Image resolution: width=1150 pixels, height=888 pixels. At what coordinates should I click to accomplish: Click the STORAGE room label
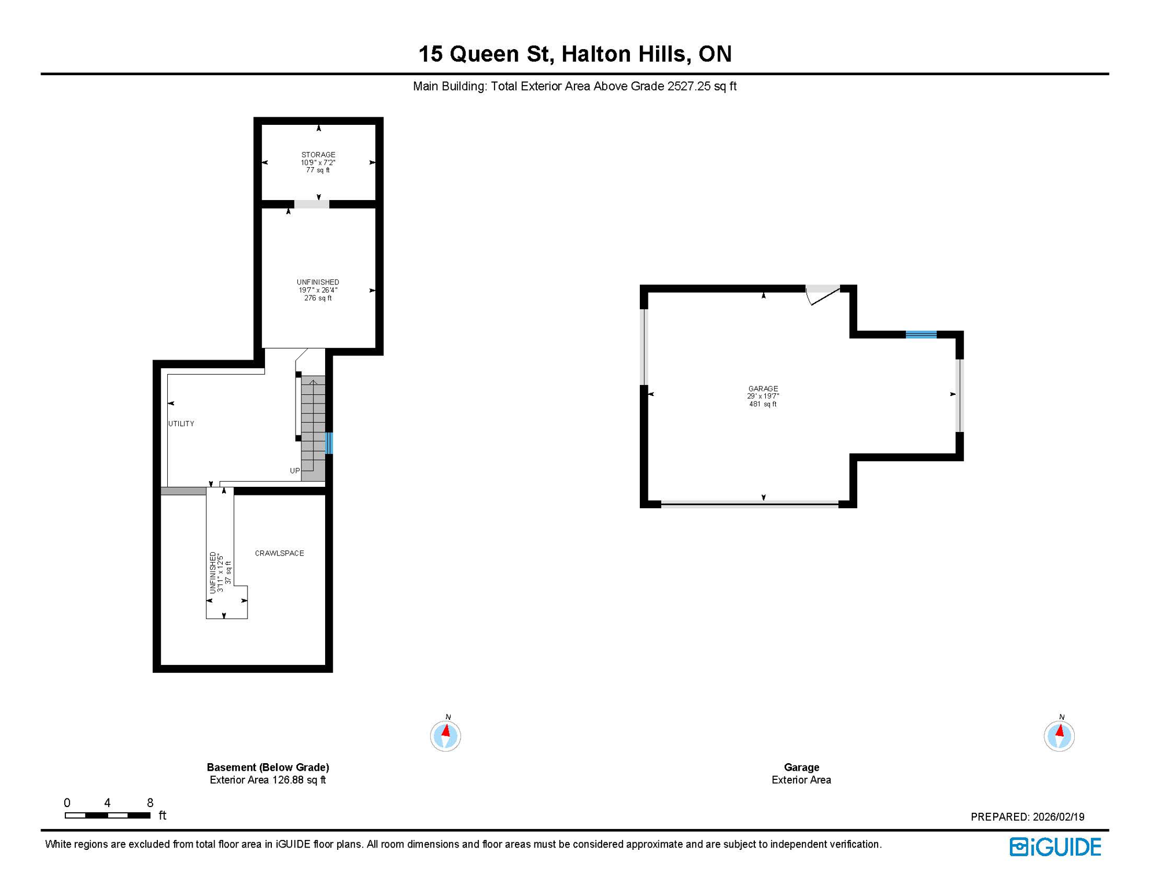coord(318,154)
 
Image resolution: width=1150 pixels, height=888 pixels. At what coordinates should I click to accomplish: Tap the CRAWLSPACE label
coord(279,553)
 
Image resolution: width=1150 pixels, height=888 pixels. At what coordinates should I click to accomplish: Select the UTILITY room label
coord(181,424)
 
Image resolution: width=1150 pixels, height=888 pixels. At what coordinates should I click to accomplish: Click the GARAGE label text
coord(763,388)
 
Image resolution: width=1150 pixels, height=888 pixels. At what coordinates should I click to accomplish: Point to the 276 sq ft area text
coord(318,298)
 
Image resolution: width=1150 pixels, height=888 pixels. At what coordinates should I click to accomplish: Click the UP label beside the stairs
coord(295,471)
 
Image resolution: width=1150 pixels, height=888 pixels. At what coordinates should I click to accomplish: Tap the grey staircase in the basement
coord(313,428)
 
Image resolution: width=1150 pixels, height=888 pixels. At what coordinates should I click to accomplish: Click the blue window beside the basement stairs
coord(329,443)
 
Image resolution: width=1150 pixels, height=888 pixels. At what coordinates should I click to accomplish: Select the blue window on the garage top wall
coord(921,334)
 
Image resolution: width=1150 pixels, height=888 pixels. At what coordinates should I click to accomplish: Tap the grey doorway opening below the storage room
coord(312,204)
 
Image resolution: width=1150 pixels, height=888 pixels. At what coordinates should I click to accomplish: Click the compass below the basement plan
coord(445,736)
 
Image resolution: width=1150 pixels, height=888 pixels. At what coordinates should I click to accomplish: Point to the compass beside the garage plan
coord(1059,736)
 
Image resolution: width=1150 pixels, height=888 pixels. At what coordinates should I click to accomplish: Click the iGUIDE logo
coord(1055,847)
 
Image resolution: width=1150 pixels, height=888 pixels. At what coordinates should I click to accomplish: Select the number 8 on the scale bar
coord(150,802)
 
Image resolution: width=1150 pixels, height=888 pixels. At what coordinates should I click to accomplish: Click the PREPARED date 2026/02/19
coord(1059,817)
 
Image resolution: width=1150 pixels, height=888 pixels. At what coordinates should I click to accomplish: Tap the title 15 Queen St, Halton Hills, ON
coord(575,54)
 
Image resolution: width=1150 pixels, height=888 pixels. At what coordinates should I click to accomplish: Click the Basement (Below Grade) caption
coord(268,767)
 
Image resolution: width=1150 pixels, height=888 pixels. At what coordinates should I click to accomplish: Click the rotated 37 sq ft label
coord(228,572)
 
